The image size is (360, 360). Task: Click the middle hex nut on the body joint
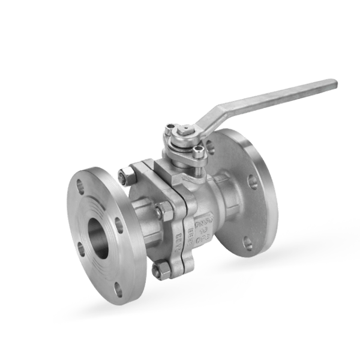click(x=160, y=211)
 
